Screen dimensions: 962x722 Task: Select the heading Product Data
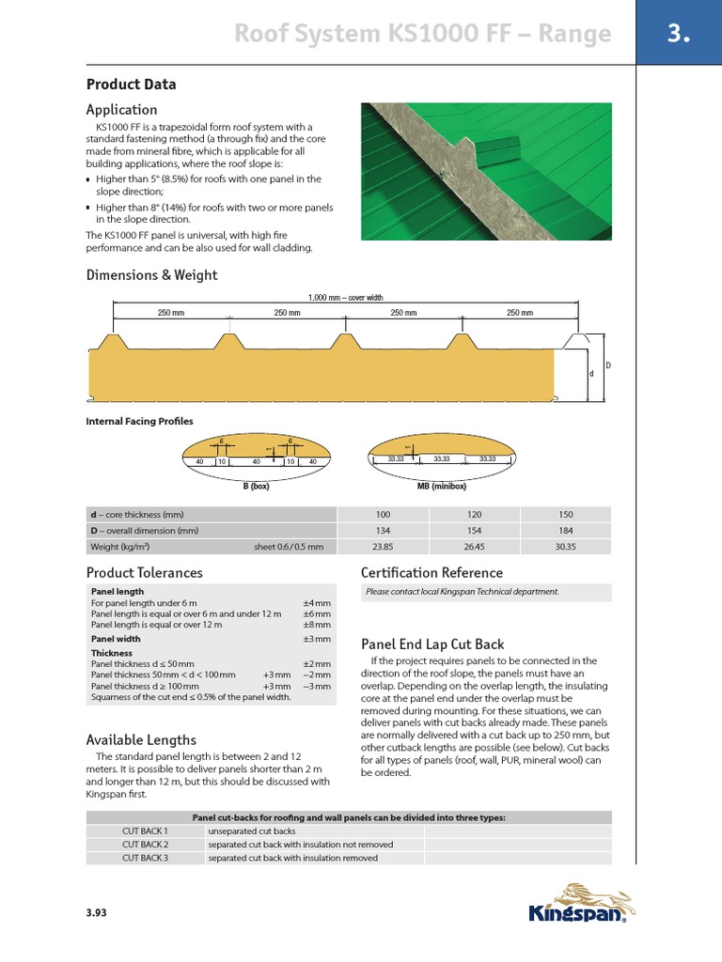131,85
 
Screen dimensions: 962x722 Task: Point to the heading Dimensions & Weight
151,275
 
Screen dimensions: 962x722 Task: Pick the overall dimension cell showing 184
564,531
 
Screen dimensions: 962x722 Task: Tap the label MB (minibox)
442,487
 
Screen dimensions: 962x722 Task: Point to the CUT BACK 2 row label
145,845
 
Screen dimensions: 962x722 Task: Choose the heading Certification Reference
432,572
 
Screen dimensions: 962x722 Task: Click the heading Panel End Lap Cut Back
432,644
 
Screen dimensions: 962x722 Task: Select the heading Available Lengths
141,739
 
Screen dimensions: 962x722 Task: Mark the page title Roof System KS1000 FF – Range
422,36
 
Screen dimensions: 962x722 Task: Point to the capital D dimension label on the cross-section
607,365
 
